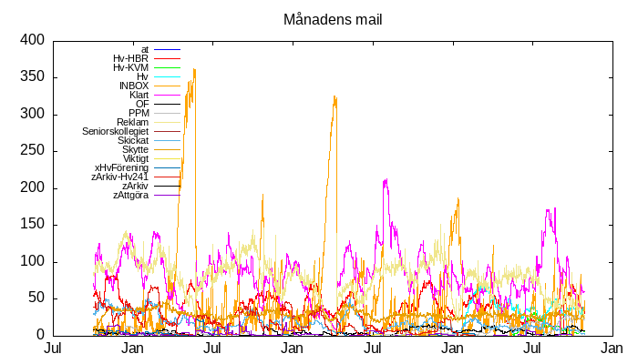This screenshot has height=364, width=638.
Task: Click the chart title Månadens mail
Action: [x=333, y=19]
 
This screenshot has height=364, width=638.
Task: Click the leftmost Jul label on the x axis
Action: [x=53, y=349]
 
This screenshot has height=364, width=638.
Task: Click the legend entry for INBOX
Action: [x=134, y=86]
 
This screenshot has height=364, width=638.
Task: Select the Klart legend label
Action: [x=139, y=95]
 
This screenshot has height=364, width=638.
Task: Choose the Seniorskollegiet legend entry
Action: [x=116, y=131]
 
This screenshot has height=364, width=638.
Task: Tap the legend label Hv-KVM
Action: [x=131, y=67]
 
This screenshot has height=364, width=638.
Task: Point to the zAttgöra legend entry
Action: [x=131, y=195]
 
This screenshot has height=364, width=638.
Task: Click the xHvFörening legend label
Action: [x=122, y=167]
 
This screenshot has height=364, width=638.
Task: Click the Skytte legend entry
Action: [x=136, y=149]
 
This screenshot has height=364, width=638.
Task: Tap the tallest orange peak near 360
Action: [x=194, y=70]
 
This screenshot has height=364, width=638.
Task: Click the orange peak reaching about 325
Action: [x=335, y=96]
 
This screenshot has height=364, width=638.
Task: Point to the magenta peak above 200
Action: [x=386, y=180]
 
